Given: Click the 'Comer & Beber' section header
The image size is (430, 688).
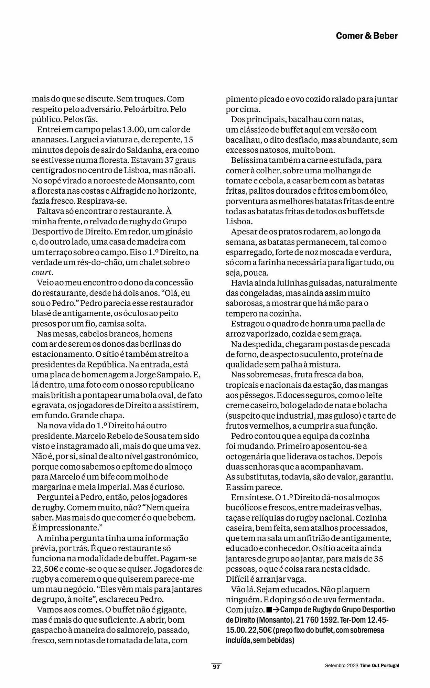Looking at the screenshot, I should click(x=366, y=36).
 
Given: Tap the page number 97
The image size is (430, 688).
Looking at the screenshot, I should click(x=216, y=666).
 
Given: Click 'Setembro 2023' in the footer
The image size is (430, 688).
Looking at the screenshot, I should click(x=342, y=666).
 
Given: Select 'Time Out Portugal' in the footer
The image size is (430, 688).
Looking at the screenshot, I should click(x=379, y=666).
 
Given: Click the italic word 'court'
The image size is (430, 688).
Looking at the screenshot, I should click(x=42, y=272).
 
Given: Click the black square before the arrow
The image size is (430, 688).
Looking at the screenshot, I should click(x=269, y=610).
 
